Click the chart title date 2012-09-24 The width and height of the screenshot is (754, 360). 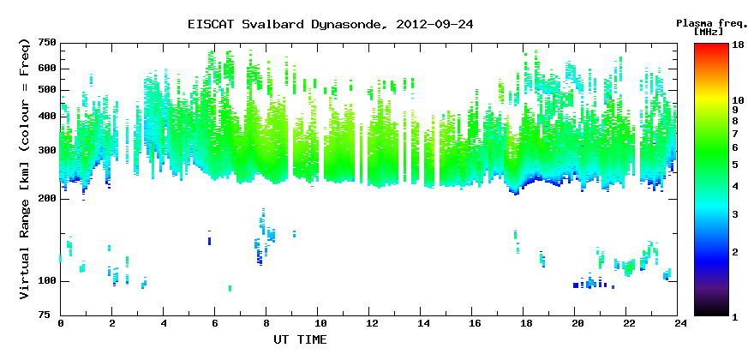(434, 24)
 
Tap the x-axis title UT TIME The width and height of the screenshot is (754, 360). (300, 339)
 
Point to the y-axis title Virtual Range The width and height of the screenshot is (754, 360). (25, 249)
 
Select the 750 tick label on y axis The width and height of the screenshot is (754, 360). (48, 44)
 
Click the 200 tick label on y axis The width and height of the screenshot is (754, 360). (48, 198)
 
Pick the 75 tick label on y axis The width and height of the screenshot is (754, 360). (51, 315)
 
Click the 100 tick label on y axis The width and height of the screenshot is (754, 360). (48, 281)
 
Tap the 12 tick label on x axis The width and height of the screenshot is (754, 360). (368, 323)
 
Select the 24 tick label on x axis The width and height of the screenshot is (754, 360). (677, 323)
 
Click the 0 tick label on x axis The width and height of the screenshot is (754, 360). (61, 323)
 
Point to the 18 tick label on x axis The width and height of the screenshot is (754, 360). (524, 323)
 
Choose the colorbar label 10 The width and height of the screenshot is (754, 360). (738, 100)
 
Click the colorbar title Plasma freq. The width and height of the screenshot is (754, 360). (712, 24)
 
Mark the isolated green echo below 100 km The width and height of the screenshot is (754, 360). (230, 288)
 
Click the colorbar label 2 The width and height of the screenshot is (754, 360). (735, 252)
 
